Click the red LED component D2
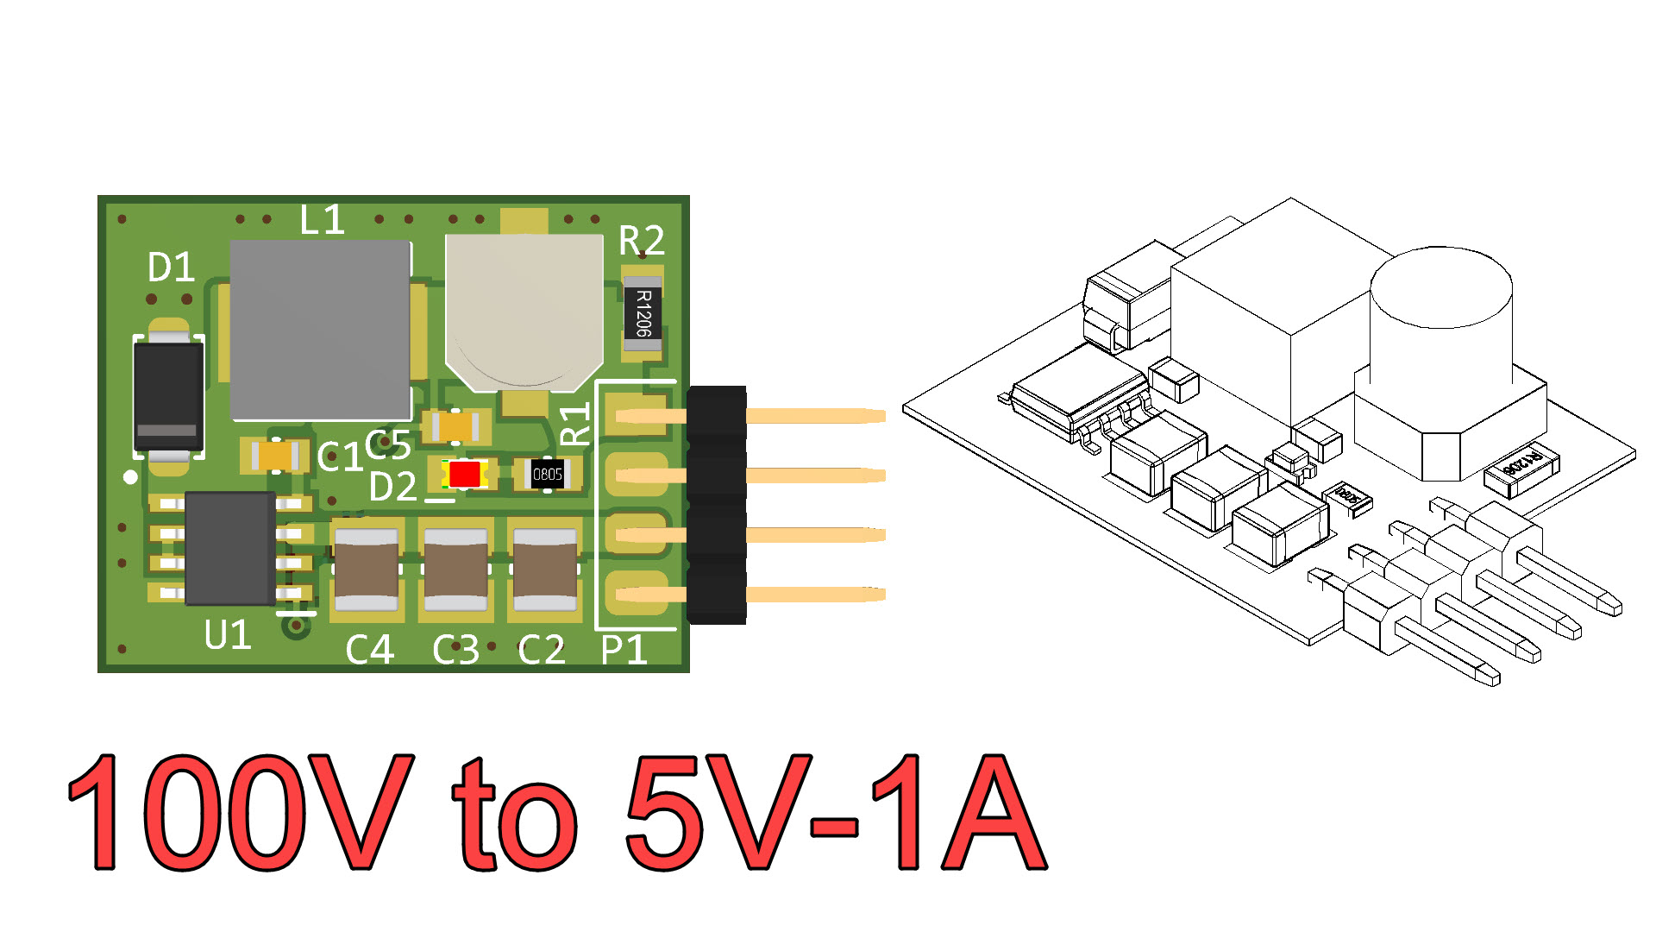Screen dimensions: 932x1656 [464, 474]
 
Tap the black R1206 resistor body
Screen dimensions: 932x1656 [643, 313]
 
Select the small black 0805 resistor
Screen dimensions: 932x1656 [547, 474]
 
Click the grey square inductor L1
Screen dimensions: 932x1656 [320, 330]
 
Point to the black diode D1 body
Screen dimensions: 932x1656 [168, 395]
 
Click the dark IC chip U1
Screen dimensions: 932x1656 [230, 548]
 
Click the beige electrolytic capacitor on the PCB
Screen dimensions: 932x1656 [524, 306]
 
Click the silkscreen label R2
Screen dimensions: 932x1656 [642, 240]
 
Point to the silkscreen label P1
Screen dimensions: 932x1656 [624, 649]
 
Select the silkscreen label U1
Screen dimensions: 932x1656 [228, 635]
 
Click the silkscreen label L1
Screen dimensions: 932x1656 [322, 220]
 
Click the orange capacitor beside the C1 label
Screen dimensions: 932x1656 [275, 455]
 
